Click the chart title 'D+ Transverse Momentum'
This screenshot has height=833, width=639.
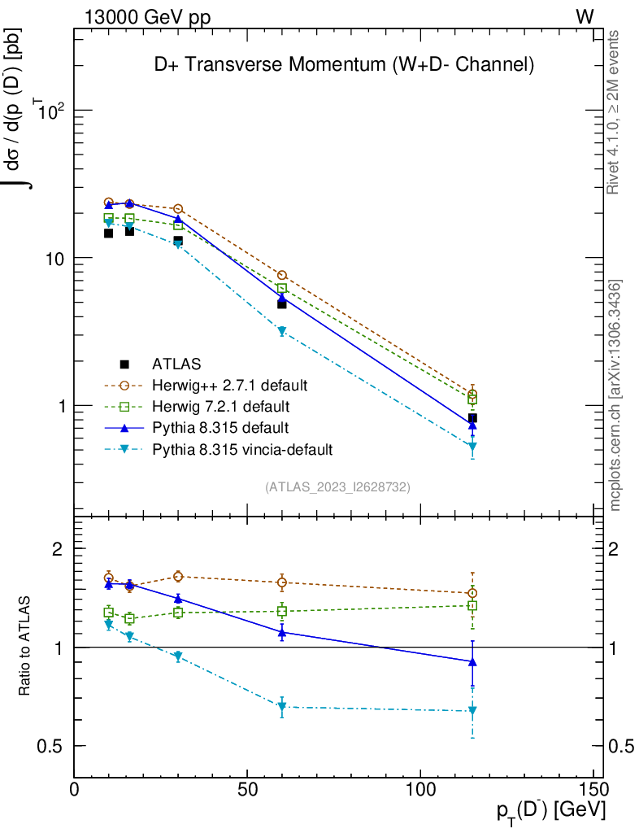344,66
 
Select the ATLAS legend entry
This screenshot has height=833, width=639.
177,364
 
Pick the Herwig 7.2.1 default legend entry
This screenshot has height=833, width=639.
220,406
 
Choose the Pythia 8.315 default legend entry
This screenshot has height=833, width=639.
220,427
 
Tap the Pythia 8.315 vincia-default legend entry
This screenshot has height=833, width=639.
242,448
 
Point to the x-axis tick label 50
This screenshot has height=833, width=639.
247,790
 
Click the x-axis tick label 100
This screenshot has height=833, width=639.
420,790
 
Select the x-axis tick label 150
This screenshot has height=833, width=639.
593,790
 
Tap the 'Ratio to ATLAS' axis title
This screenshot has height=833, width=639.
26,647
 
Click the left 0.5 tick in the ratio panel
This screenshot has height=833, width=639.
50,746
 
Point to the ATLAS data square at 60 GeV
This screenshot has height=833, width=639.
282,303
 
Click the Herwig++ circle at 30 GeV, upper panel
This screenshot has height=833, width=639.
178,209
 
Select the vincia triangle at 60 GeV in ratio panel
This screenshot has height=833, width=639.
282,707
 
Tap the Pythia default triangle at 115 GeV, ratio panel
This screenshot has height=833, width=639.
472,661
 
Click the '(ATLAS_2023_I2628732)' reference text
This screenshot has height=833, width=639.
337,486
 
